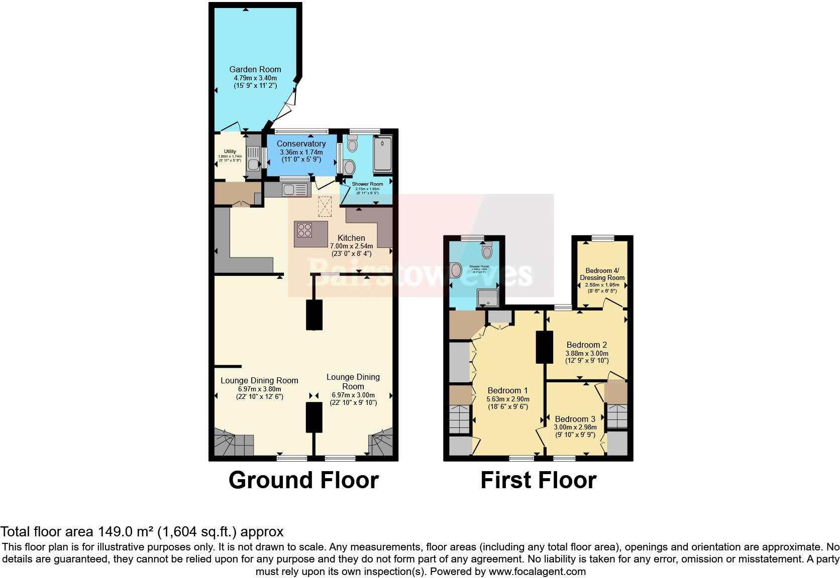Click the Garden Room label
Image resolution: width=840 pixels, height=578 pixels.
pos(255,69)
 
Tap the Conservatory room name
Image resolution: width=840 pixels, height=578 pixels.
pos(301,143)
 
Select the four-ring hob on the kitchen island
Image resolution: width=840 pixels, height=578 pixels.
pos(304,230)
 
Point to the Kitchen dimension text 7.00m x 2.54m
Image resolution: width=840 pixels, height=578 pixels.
pos(351,246)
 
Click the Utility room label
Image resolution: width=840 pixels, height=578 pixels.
pos(230,152)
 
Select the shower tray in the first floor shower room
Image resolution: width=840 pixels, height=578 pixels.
pos(487,298)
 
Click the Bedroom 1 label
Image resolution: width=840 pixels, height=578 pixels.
pos(507,390)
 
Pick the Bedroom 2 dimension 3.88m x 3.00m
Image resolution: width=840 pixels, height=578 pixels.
pos(587,353)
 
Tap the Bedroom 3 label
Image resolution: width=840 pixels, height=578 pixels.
pos(575,419)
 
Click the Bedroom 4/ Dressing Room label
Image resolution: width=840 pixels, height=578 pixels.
pos(602,274)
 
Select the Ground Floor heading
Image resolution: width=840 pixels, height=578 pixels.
pos(303,480)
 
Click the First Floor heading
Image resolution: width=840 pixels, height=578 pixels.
pos(538,480)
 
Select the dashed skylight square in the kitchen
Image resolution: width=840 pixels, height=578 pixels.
pos(325,206)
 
